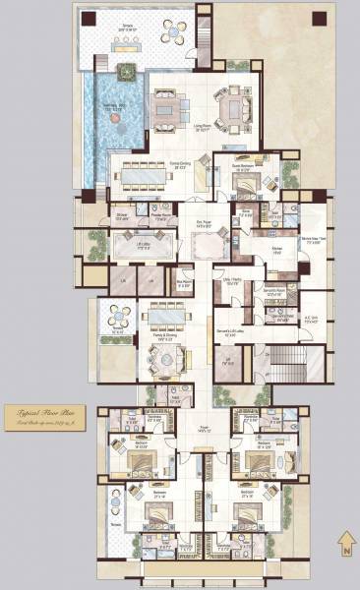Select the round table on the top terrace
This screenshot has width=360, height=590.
click(x=177, y=33)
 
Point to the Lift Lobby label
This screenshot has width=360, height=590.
click(x=144, y=247)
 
